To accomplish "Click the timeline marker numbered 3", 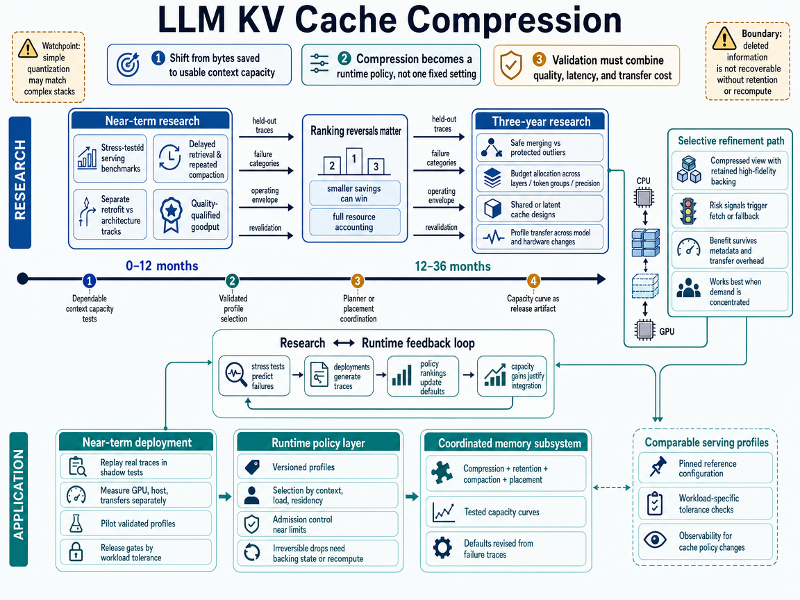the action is tap(357, 281).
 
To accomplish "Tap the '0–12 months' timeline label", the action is tap(162, 266).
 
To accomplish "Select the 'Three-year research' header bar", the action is tap(540, 122).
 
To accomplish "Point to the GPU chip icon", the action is tap(644, 330).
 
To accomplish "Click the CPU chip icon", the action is tap(644, 197).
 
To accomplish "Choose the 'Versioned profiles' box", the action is tap(317, 467).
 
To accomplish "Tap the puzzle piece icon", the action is tap(442, 472).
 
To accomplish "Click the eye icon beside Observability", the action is tap(655, 540).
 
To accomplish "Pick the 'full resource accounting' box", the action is tap(355, 222).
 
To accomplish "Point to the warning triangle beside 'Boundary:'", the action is tap(724, 38).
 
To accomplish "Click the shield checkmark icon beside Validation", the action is tap(510, 65).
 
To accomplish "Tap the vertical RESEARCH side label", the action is tap(20, 182).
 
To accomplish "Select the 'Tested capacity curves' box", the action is tap(505, 512).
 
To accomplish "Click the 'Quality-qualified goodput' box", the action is tap(190, 215).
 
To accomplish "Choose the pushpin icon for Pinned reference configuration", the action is tap(658, 467).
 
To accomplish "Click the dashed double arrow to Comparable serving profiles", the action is tap(612, 487).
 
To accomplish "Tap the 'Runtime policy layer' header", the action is tap(318, 443).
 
